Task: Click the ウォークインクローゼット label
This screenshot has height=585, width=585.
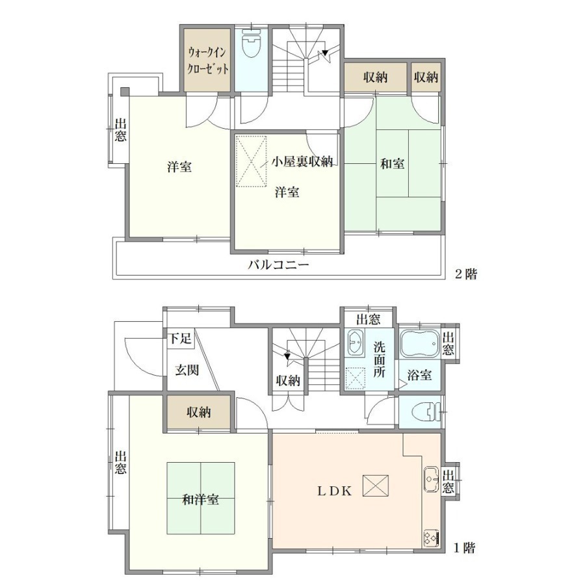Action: tap(207, 61)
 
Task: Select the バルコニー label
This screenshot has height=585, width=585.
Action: tap(279, 265)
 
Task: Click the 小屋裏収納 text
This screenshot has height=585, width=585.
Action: tap(302, 162)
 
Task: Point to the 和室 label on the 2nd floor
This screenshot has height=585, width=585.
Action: tap(392, 163)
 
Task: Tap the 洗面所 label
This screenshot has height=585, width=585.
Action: tap(379, 359)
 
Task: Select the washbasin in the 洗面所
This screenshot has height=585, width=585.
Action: tap(355, 342)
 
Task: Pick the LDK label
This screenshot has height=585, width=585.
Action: tap(334, 491)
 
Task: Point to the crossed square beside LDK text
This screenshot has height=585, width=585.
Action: tap(375, 486)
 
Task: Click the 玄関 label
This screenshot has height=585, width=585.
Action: tap(187, 370)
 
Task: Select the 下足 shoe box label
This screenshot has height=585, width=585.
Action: tap(181, 339)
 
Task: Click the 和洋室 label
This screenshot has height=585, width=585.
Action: tap(200, 500)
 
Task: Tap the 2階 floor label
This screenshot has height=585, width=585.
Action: tap(465, 274)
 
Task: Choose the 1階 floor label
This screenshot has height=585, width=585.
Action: tap(465, 548)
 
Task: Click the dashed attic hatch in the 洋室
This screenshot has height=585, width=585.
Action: tap(252, 161)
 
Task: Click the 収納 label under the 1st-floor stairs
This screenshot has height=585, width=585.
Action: tap(288, 380)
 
